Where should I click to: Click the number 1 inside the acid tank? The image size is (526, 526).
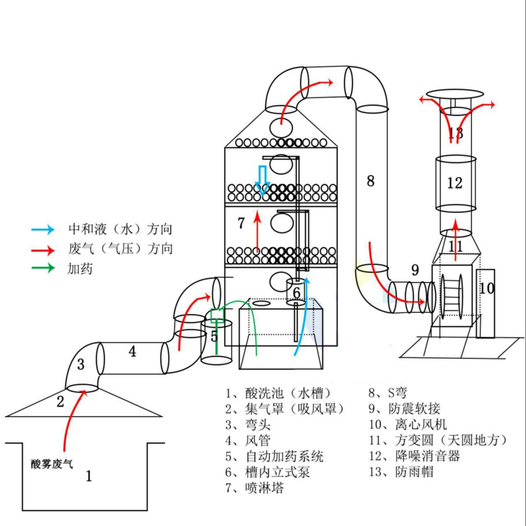[89, 476]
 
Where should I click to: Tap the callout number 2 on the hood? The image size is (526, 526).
[61, 401]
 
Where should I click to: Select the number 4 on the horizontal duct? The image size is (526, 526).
[132, 351]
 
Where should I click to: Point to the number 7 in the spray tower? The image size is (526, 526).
[241, 223]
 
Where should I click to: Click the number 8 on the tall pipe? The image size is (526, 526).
[371, 181]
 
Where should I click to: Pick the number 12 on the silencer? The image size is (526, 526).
[455, 182]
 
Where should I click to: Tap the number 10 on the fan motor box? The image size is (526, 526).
[487, 288]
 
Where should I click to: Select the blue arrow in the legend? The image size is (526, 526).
[43, 229]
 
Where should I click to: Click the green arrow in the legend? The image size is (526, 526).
[43, 268]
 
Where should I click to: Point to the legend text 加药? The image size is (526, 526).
[80, 269]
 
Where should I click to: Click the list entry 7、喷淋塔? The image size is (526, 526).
[255, 488]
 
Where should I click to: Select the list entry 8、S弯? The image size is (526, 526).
[388, 393]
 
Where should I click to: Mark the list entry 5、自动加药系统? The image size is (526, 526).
[274, 456]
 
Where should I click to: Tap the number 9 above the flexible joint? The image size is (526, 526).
[415, 270]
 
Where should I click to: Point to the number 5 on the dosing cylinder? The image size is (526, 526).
[214, 336]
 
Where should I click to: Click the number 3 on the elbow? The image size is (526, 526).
[81, 364]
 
